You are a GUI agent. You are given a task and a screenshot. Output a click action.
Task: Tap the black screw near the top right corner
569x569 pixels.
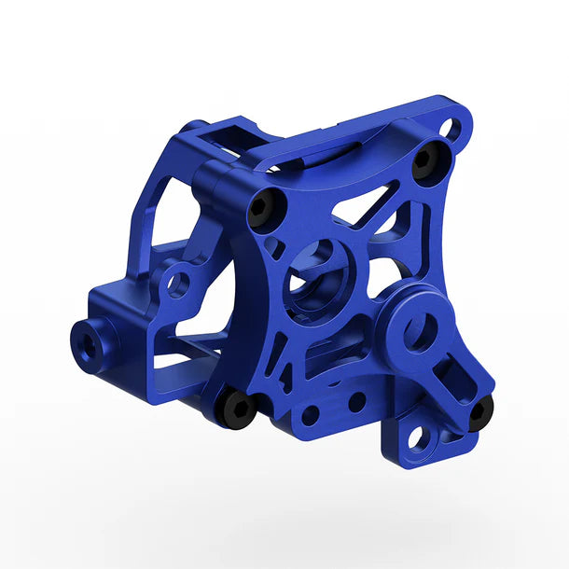tap(424, 160)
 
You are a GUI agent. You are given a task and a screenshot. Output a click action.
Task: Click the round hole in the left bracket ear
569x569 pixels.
tap(178, 281)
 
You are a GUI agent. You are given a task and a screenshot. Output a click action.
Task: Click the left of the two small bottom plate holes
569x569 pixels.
tap(310, 411)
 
